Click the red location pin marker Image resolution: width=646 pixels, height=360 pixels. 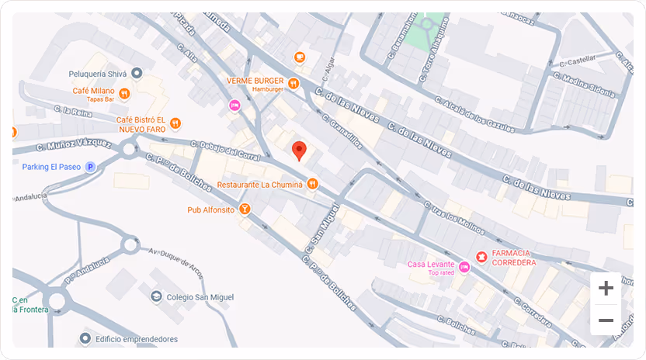pyautogui.click(x=299, y=150)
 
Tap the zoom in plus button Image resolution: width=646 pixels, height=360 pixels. pyautogui.click(x=606, y=289)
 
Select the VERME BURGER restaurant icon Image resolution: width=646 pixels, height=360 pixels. pyautogui.click(x=293, y=83)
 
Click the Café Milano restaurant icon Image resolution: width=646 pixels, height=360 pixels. pyautogui.click(x=124, y=94)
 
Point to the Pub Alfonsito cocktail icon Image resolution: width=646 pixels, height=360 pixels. pyautogui.click(x=245, y=209)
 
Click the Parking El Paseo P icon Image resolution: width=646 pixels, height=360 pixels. pyautogui.click(x=90, y=166)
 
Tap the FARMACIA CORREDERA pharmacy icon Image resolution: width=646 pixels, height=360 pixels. pyautogui.click(x=481, y=257)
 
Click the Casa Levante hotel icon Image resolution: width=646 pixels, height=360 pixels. pyautogui.click(x=464, y=268)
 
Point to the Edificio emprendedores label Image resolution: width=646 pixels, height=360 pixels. pyautogui.click(x=137, y=339)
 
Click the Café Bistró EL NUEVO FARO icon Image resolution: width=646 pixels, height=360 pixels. pyautogui.click(x=176, y=123)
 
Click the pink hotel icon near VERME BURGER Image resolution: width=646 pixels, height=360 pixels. pyautogui.click(x=234, y=105)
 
